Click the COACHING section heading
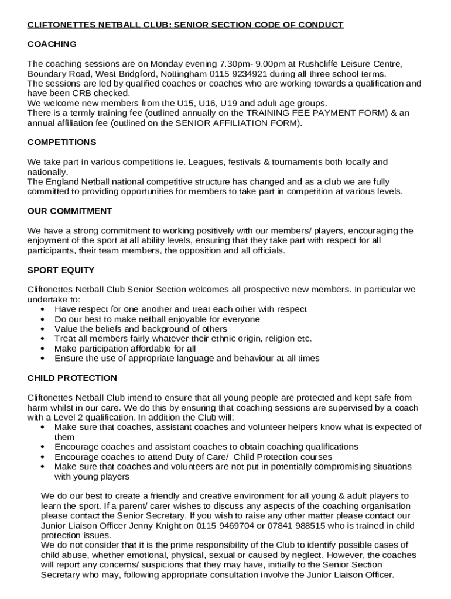click(x=52, y=44)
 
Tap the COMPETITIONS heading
click(x=62, y=142)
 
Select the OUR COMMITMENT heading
click(x=70, y=211)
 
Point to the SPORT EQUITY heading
click(x=61, y=270)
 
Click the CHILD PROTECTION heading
click(x=72, y=378)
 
